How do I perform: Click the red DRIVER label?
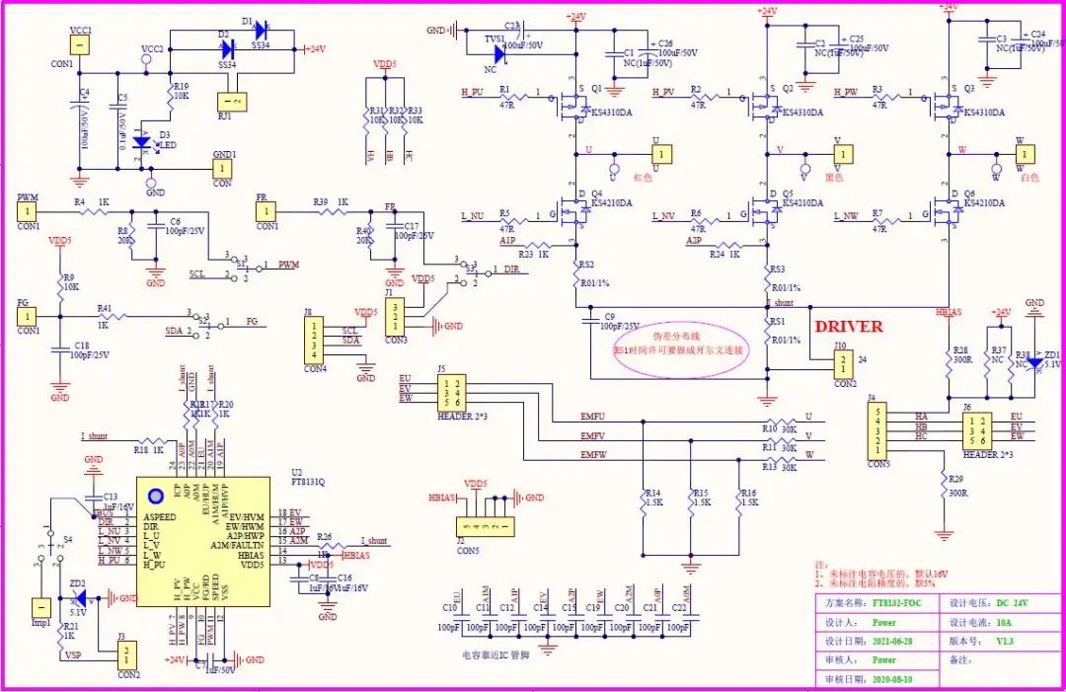coord(848,326)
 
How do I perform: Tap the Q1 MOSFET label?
coord(597,87)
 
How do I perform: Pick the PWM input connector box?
coord(29,210)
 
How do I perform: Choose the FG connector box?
coord(29,316)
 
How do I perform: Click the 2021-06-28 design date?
coord(897,641)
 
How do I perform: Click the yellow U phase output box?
coord(660,153)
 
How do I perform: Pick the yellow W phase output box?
coord(1027,154)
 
